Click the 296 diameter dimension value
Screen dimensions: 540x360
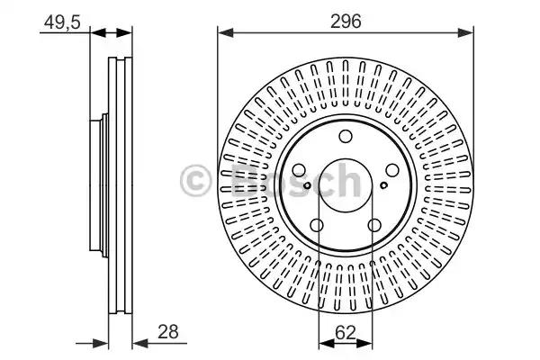pos(346,22)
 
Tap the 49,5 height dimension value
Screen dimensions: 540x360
pos(62,22)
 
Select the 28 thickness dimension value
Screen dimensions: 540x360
pos(168,332)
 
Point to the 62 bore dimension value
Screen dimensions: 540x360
pos(345,333)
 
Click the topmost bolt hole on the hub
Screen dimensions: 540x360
pos(346,136)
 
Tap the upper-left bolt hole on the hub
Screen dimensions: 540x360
pos(299,170)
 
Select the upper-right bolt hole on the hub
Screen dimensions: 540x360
pos(392,170)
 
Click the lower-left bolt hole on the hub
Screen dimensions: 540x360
pos(317,226)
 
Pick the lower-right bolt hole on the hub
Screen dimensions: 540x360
pos(374,226)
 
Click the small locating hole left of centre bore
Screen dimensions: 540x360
pos(307,185)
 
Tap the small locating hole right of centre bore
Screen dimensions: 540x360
pos(384,185)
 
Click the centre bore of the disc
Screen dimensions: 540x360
pos(346,185)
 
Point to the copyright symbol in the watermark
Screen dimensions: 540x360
pos(195,181)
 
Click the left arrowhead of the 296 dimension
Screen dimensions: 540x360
pos(226,33)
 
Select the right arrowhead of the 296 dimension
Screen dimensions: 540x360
pos(465,33)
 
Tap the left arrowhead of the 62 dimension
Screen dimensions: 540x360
pos(327,344)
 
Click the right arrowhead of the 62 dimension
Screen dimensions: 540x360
pos(364,344)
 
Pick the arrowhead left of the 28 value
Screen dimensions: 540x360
pos(139,343)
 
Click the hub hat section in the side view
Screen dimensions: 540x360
pos(99,185)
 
